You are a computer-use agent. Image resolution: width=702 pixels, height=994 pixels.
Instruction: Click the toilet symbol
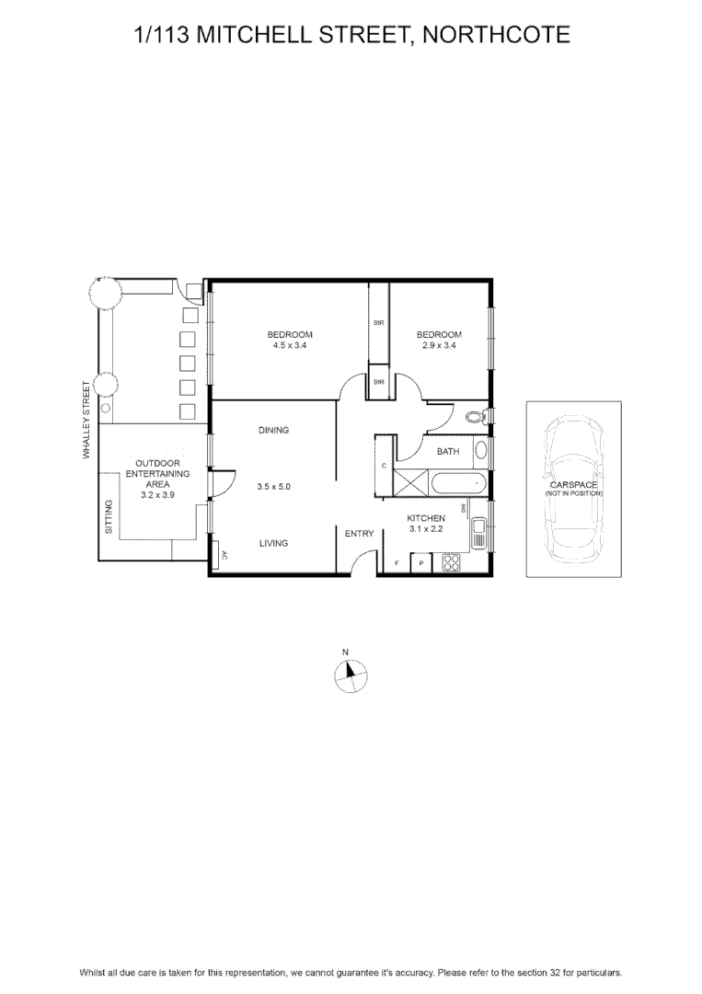(x=476, y=417)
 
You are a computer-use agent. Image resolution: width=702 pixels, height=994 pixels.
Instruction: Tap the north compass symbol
(x=351, y=676)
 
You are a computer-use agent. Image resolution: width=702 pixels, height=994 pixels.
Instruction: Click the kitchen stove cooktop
(x=451, y=562)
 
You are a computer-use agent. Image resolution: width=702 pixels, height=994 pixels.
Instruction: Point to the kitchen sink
(x=478, y=526)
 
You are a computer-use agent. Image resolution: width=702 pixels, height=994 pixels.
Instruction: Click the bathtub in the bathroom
(x=458, y=485)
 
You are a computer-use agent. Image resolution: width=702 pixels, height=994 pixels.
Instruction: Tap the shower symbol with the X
(x=410, y=485)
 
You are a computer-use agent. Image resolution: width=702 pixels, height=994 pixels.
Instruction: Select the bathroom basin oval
(x=481, y=451)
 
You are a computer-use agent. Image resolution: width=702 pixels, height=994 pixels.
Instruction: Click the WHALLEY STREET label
(x=86, y=419)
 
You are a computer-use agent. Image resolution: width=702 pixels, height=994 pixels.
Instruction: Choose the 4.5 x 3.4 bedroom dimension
(x=290, y=345)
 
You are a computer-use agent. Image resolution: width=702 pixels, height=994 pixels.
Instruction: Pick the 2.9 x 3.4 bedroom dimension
(x=439, y=345)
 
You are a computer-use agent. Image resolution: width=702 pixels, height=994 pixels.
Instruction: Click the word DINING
(x=273, y=430)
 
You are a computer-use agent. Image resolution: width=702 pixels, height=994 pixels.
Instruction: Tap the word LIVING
(x=273, y=543)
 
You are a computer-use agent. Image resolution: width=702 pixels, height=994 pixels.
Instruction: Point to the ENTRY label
(x=359, y=534)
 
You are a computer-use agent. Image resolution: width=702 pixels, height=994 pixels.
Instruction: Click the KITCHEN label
(x=426, y=518)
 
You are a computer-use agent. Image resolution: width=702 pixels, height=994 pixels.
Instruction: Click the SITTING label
(x=109, y=516)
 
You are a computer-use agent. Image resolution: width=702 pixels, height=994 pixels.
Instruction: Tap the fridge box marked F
(x=397, y=563)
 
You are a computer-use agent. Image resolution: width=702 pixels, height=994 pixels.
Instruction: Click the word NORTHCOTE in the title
(x=497, y=34)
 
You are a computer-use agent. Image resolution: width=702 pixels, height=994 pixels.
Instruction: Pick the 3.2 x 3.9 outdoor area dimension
(x=157, y=494)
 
